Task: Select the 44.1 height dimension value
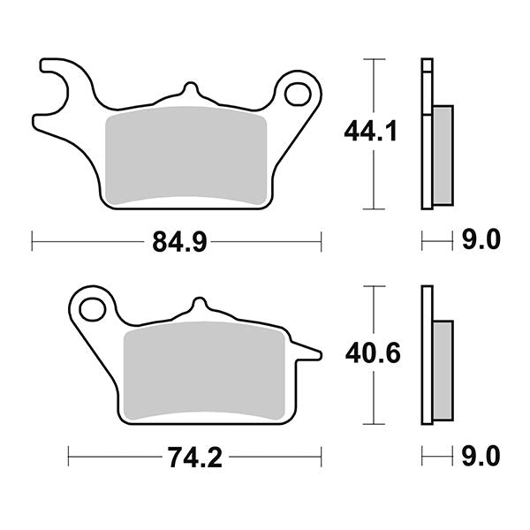[x=370, y=133]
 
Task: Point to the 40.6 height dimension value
[x=372, y=353]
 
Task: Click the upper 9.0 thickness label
[x=481, y=239]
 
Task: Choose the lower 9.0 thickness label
[x=481, y=457]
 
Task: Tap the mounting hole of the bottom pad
[x=91, y=308]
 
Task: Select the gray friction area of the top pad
[x=185, y=156]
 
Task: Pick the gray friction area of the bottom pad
[x=205, y=370]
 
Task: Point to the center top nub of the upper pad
[x=187, y=90]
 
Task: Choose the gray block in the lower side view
[x=443, y=371]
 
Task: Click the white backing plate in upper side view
[x=428, y=132]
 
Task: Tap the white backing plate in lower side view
[x=428, y=353]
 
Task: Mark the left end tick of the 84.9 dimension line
[x=32, y=240]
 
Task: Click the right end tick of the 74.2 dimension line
[x=320, y=458]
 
